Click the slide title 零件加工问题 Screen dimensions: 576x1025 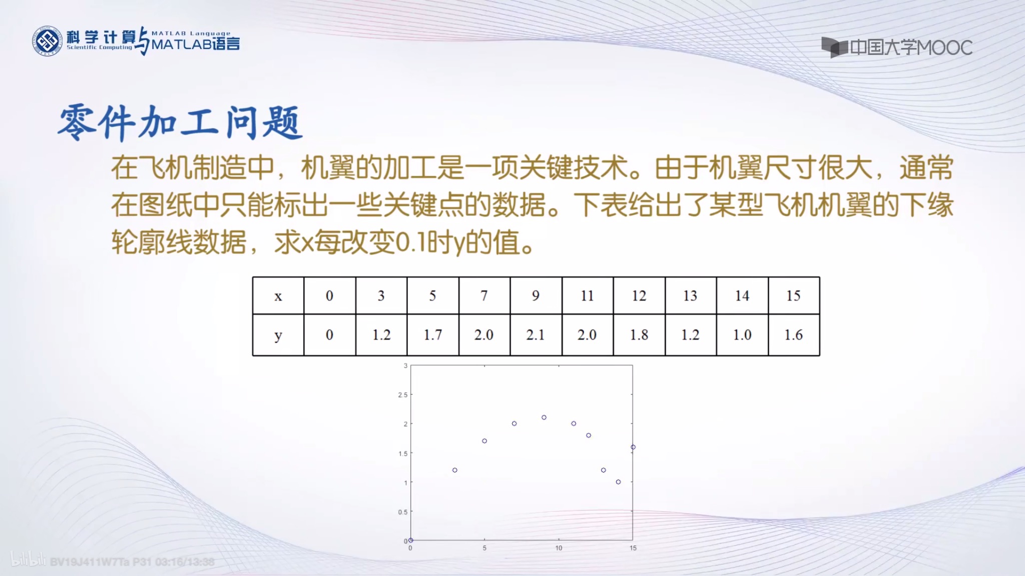[x=180, y=122]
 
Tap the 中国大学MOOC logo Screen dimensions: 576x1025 [x=897, y=47]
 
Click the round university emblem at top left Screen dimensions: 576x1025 [x=48, y=41]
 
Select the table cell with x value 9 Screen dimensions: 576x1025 [x=536, y=295]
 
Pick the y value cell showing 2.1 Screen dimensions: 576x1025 [x=536, y=335]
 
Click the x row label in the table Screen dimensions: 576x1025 [x=278, y=295]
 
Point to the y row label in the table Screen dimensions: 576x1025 [x=278, y=335]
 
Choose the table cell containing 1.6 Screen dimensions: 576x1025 [x=793, y=335]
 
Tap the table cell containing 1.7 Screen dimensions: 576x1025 [x=432, y=335]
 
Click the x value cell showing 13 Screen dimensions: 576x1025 [x=690, y=295]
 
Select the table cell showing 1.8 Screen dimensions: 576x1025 [x=639, y=335]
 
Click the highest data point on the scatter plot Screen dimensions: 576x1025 [x=544, y=417]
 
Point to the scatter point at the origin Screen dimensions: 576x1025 [x=411, y=540]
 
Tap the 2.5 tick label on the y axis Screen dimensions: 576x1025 [x=403, y=395]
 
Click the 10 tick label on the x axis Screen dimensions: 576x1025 [x=559, y=548]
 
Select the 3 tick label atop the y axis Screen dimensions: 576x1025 [x=405, y=366]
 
